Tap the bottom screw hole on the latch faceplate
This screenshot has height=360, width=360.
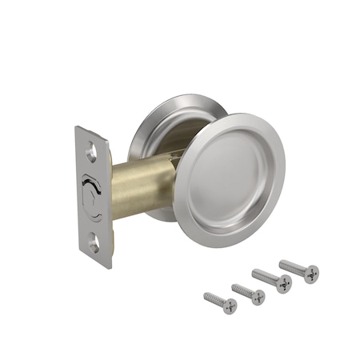(x=94, y=239)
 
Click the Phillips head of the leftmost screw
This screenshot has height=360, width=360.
(x=230, y=306)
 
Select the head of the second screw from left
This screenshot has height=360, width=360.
(x=258, y=297)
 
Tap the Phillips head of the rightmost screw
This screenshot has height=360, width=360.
(x=310, y=274)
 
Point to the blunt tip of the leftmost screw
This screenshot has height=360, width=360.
(x=205, y=295)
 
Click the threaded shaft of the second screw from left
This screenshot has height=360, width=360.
(x=242, y=290)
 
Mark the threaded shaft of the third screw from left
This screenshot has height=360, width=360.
(x=266, y=277)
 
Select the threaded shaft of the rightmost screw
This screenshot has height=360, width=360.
(x=292, y=266)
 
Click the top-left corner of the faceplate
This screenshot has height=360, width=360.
(x=77, y=128)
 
